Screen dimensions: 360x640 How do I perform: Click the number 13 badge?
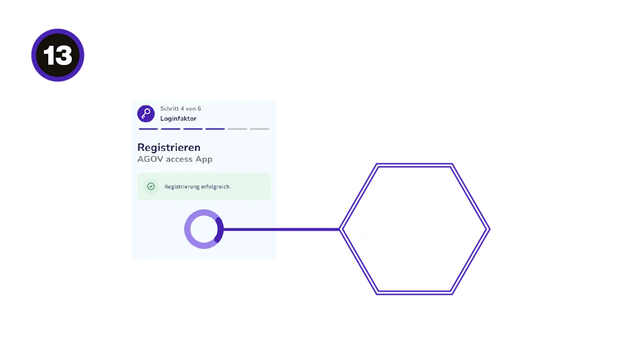pos(57,56)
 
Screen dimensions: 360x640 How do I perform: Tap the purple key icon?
pos(146,113)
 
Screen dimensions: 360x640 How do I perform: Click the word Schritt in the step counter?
pos(170,109)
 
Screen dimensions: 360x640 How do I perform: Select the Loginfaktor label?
pos(178,119)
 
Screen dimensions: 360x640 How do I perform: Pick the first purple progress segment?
pos(148,129)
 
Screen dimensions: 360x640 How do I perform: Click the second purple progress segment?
pos(171,129)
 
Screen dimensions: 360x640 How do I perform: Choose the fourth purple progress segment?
pos(215,129)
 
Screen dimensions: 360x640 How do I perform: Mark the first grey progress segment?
pos(237,129)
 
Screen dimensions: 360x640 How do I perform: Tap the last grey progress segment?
pos(259,129)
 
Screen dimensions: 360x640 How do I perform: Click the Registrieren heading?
pos(169,147)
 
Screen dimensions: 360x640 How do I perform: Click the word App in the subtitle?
pos(204,159)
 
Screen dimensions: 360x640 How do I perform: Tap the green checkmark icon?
pos(151,186)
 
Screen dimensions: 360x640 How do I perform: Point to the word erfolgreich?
pos(216,187)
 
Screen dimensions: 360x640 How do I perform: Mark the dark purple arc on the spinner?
pos(219,229)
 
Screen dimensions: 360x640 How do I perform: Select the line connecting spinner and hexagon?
pos(281,230)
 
